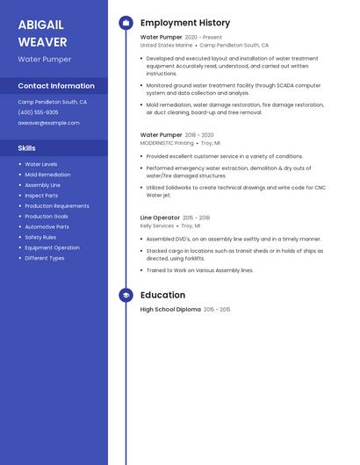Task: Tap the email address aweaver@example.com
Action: pyautogui.click(x=48, y=123)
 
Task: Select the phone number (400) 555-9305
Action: pyautogui.click(x=38, y=112)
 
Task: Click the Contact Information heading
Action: pyautogui.click(x=56, y=86)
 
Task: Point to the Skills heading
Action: pyautogui.click(x=26, y=148)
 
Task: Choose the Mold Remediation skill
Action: pyautogui.click(x=47, y=175)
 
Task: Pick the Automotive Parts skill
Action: pyautogui.click(x=47, y=226)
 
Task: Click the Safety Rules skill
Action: pyautogui.click(x=40, y=237)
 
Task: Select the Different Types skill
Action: pyautogui.click(x=45, y=258)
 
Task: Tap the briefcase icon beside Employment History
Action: pyautogui.click(x=126, y=23)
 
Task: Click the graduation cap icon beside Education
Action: pyautogui.click(x=126, y=296)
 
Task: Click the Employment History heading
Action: pyautogui.click(x=185, y=23)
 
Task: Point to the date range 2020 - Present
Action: pyautogui.click(x=204, y=38)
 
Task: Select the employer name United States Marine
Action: pyautogui.click(x=166, y=45)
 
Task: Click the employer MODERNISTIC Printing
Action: pyautogui.click(x=167, y=142)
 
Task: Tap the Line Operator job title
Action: pyautogui.click(x=160, y=218)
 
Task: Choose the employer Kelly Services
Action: pyautogui.click(x=157, y=225)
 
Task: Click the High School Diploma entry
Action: pyautogui.click(x=170, y=310)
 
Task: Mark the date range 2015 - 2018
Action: pyautogui.click(x=196, y=218)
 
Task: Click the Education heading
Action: pyautogui.click(x=162, y=296)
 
